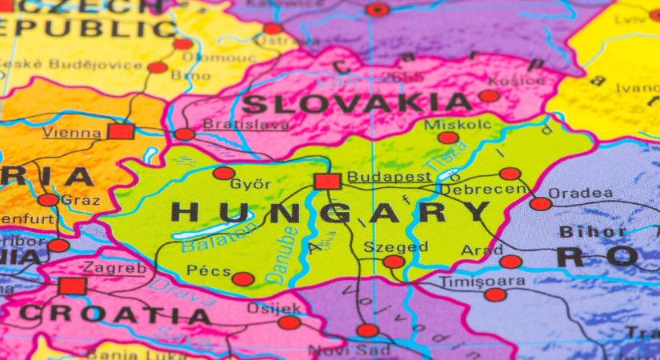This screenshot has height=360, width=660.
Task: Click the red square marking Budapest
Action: (327, 181)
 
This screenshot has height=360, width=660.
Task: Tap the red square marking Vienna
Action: (121, 131)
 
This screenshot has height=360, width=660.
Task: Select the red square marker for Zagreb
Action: (72, 286)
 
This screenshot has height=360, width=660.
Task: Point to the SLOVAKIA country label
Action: (357, 103)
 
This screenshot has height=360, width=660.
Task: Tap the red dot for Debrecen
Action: (510, 174)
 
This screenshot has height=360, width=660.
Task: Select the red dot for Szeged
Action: (394, 262)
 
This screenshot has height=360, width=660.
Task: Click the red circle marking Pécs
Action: (242, 279)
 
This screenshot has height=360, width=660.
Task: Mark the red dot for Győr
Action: (224, 173)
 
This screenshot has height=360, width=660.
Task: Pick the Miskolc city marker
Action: (448, 138)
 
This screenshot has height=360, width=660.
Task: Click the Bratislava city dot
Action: (185, 134)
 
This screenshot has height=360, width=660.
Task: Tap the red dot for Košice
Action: (489, 96)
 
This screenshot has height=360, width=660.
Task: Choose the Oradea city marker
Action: (541, 203)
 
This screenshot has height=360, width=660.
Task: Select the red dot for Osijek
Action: (289, 322)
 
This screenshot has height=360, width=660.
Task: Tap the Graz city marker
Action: (49, 199)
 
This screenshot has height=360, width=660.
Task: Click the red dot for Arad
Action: (510, 262)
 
